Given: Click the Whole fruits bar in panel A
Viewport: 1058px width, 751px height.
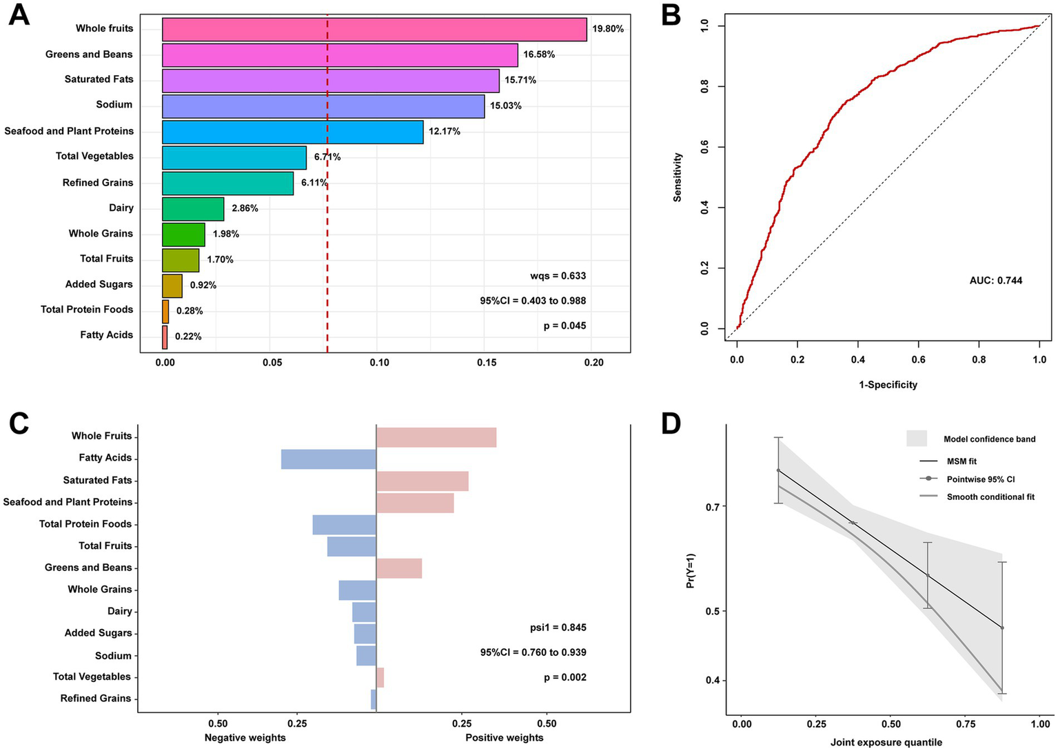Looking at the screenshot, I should (x=374, y=30).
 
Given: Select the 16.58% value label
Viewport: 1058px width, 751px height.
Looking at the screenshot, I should (x=539, y=54).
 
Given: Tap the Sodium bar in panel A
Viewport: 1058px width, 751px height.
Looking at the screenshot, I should (x=323, y=106).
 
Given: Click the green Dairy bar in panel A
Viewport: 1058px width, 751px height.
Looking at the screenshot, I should (x=193, y=208).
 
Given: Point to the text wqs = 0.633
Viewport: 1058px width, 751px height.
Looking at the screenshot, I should (x=558, y=276).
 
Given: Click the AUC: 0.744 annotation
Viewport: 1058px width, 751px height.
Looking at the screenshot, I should (x=996, y=280).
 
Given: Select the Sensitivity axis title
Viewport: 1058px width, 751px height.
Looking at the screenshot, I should (x=678, y=177).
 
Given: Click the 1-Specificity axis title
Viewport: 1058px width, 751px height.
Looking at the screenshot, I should (x=888, y=385).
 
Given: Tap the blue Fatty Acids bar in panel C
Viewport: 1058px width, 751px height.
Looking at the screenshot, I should (x=328, y=459).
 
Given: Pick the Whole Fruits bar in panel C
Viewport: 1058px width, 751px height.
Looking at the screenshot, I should (x=436, y=437).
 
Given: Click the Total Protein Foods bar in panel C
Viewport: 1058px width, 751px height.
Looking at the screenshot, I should (x=344, y=525).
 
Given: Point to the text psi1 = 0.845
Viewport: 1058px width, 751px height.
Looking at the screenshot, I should (x=558, y=628).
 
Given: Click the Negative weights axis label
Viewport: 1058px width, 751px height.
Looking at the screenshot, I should (x=245, y=737).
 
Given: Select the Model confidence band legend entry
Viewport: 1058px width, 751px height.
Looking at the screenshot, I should (x=989, y=439).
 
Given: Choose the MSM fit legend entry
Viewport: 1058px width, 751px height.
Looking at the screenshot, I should (x=962, y=461).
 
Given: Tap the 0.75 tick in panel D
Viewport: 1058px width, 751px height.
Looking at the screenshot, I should (x=966, y=724).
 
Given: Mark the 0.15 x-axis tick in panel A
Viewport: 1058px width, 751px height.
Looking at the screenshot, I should (x=487, y=363).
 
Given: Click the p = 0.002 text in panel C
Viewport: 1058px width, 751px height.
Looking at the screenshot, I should (x=564, y=677).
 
